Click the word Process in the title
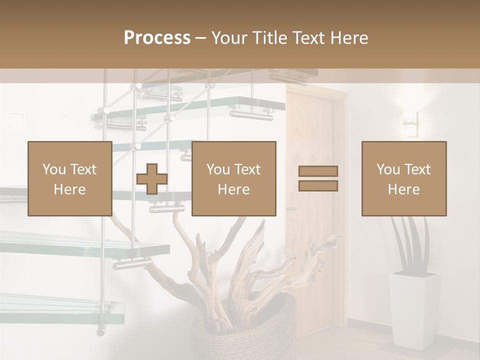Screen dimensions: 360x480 coord(157,38)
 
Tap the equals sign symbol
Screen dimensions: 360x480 coord(318,178)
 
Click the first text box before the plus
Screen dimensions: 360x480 coord(70,178)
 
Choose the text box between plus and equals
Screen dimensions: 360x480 coord(234,178)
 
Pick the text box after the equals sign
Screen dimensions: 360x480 coord(404,178)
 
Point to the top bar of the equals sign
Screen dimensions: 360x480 coord(318,171)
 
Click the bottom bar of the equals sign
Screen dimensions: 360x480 coord(318,185)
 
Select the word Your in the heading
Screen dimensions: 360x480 coord(228,38)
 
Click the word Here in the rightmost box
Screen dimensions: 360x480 coord(404,189)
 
